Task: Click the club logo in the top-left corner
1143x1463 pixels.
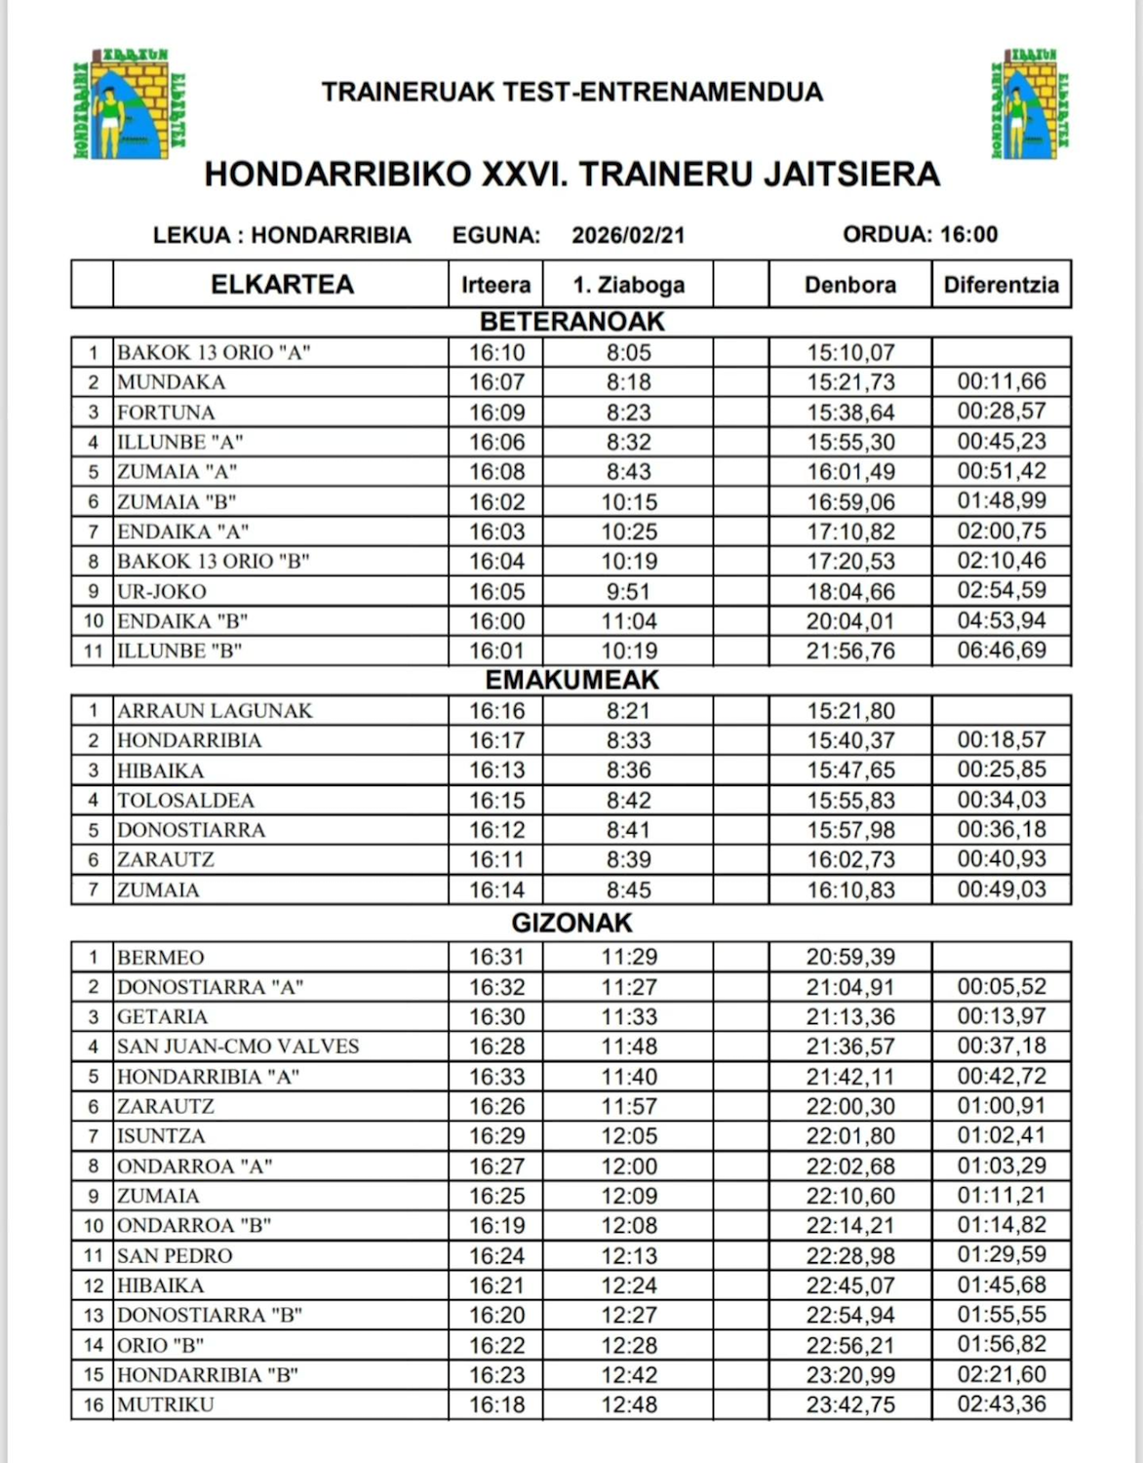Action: click(x=130, y=103)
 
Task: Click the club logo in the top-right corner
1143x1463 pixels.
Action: click(x=1030, y=103)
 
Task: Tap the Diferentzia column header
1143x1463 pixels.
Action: click(x=1001, y=285)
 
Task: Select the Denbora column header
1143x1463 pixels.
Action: click(x=849, y=285)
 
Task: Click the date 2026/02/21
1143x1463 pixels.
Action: click(x=628, y=235)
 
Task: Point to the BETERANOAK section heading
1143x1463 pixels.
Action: click(x=571, y=322)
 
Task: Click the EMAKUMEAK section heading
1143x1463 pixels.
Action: click(x=571, y=680)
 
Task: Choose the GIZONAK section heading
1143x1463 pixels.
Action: click(x=571, y=923)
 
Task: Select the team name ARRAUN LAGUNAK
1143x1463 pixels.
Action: click(x=215, y=711)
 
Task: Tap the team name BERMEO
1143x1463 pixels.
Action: click(x=161, y=958)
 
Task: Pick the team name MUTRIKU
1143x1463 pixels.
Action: click(x=166, y=1405)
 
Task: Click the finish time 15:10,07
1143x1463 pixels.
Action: click(x=849, y=353)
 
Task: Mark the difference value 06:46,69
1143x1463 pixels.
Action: click(x=1001, y=651)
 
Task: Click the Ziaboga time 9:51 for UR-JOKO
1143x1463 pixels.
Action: click(x=629, y=591)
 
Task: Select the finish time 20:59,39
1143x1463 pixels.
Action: click(x=849, y=958)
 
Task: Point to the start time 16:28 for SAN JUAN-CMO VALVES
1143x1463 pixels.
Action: click(x=496, y=1047)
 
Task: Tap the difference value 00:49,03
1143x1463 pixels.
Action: click(x=1001, y=890)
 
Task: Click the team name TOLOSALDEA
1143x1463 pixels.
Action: click(x=185, y=801)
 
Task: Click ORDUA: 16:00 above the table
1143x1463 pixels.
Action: click(x=920, y=234)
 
